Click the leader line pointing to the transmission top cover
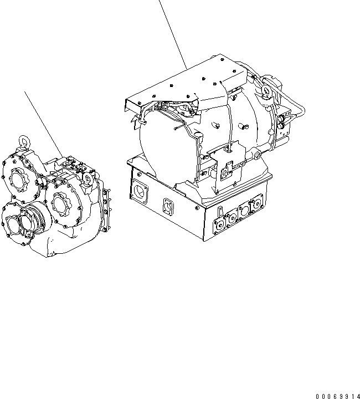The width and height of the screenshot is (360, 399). click(x=172, y=33)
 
